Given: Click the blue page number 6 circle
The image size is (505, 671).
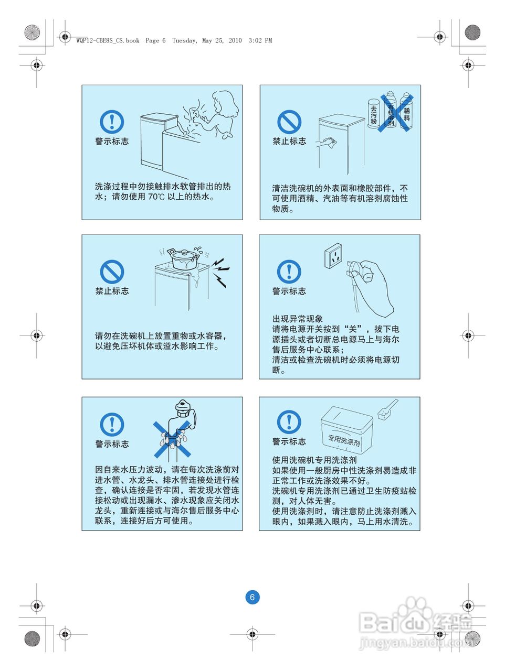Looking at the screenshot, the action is pos(252,597).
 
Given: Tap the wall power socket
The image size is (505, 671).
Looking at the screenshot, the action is pos(333,256).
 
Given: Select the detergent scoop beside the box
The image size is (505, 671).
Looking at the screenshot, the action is pos(387,409).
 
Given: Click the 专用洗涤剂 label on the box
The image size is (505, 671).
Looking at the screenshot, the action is pos(344,440).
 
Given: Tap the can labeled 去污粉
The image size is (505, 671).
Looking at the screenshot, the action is pos(374,113).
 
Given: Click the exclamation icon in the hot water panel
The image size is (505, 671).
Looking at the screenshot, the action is pos(112,122).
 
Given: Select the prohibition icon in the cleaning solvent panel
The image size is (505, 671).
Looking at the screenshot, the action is pos(289,122).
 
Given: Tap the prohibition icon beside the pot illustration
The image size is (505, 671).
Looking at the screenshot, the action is pos(112,272).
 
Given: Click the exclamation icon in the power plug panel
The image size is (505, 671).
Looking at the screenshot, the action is pos(289,272).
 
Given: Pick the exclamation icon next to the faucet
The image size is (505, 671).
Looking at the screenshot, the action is pos(112,425).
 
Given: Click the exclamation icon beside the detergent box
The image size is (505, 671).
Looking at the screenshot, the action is pos(289,422).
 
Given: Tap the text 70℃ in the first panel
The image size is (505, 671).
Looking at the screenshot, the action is pos(156,197).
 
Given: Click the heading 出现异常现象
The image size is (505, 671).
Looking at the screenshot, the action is pos(298,319).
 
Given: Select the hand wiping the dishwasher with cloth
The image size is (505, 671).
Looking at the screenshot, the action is pos(327,143).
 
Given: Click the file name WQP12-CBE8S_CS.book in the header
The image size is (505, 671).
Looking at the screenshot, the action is pos(108,40).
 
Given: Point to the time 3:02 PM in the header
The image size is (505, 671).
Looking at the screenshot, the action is pos(260,40).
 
